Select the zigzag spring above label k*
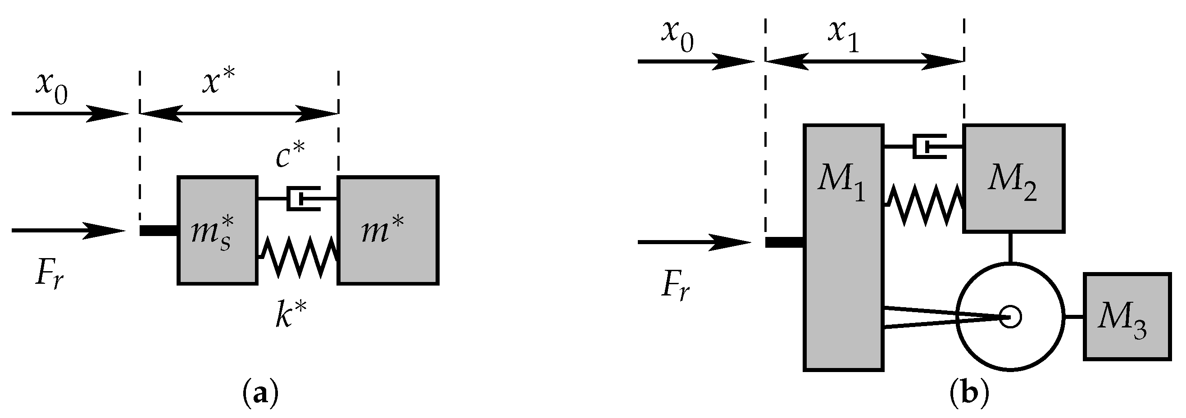(299, 257)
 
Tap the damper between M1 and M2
(929, 147)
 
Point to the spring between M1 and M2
(923, 205)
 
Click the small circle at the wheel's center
(1011, 317)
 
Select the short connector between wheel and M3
(1074, 317)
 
